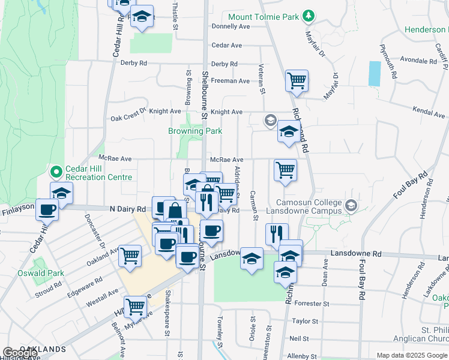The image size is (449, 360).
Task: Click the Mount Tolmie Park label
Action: tap(263, 17)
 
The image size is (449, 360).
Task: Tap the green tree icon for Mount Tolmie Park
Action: tap(309, 15)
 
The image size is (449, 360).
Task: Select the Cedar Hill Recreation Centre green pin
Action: tap(56, 173)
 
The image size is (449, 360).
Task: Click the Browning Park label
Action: tap(195, 131)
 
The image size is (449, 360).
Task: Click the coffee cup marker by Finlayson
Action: tap(47, 210)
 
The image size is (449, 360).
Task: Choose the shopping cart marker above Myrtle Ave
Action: tap(136, 307)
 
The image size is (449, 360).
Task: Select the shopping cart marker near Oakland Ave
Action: tap(130, 256)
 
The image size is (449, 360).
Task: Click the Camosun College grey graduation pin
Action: tap(351, 206)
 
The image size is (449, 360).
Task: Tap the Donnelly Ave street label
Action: tap(231, 26)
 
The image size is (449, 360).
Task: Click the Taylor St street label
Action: tap(304, 321)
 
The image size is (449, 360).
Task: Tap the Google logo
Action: tap(19, 353)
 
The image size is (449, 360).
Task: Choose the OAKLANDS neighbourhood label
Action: tap(42, 349)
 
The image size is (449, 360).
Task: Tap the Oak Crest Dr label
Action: tap(128, 118)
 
